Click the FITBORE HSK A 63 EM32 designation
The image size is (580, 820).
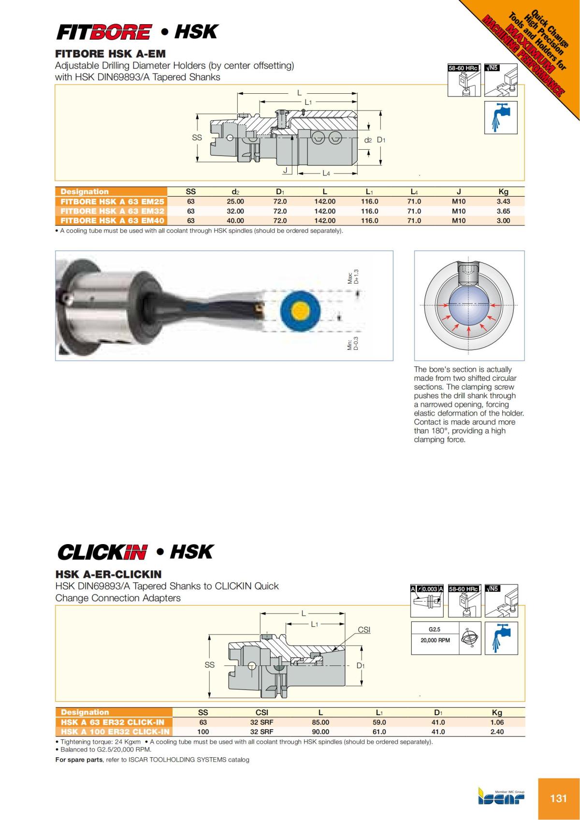point(112,211)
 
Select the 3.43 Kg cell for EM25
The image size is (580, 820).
point(503,201)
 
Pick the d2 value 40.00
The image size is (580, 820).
point(235,221)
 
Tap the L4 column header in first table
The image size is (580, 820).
point(414,192)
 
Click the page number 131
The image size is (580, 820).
point(558,798)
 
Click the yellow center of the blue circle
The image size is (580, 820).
point(300,311)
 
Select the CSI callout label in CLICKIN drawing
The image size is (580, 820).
point(364,630)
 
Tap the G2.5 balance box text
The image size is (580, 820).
point(435,630)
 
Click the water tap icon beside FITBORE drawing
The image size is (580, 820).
point(501,117)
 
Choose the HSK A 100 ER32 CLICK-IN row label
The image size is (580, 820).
point(115,732)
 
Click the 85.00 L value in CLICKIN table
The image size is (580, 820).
point(320,722)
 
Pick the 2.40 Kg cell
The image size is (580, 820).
point(497,732)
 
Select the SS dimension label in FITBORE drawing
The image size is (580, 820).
point(197,138)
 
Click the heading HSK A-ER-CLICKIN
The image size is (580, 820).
point(108,575)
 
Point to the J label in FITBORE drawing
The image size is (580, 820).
point(285,171)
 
